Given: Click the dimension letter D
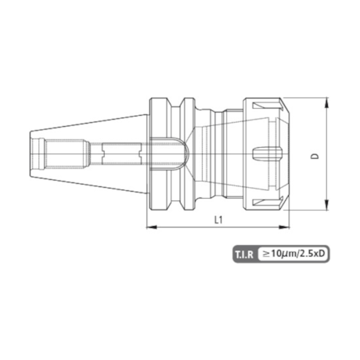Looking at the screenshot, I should tap(314, 154).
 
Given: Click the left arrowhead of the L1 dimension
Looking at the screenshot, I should tap(149, 229).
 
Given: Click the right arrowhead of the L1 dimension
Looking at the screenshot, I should tap(286, 229).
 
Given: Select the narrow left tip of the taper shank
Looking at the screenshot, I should tap(33, 154).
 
